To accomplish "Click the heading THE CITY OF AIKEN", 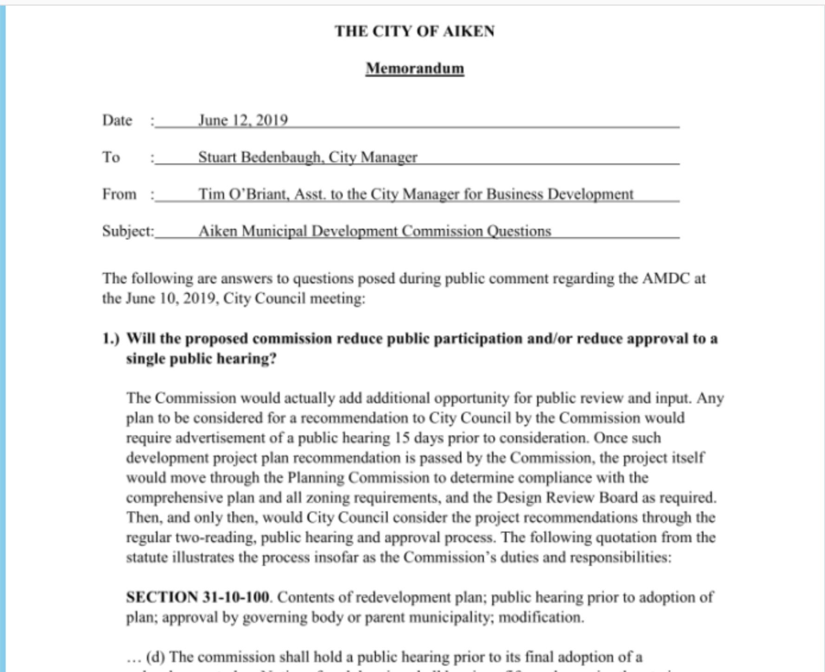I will point(414,31).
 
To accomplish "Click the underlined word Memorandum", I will point(414,68).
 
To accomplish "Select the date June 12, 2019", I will point(243,120).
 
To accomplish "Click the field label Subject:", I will point(128,231).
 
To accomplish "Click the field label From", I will point(119,194).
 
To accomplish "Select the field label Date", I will point(117,120).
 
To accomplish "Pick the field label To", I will point(111,157).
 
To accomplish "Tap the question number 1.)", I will point(111,338).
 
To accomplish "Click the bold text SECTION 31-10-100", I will point(197,597).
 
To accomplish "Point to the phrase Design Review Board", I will point(567,498).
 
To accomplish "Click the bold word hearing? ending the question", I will point(250,359).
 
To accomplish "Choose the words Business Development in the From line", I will point(559,194).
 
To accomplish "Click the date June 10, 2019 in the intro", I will point(172,298).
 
